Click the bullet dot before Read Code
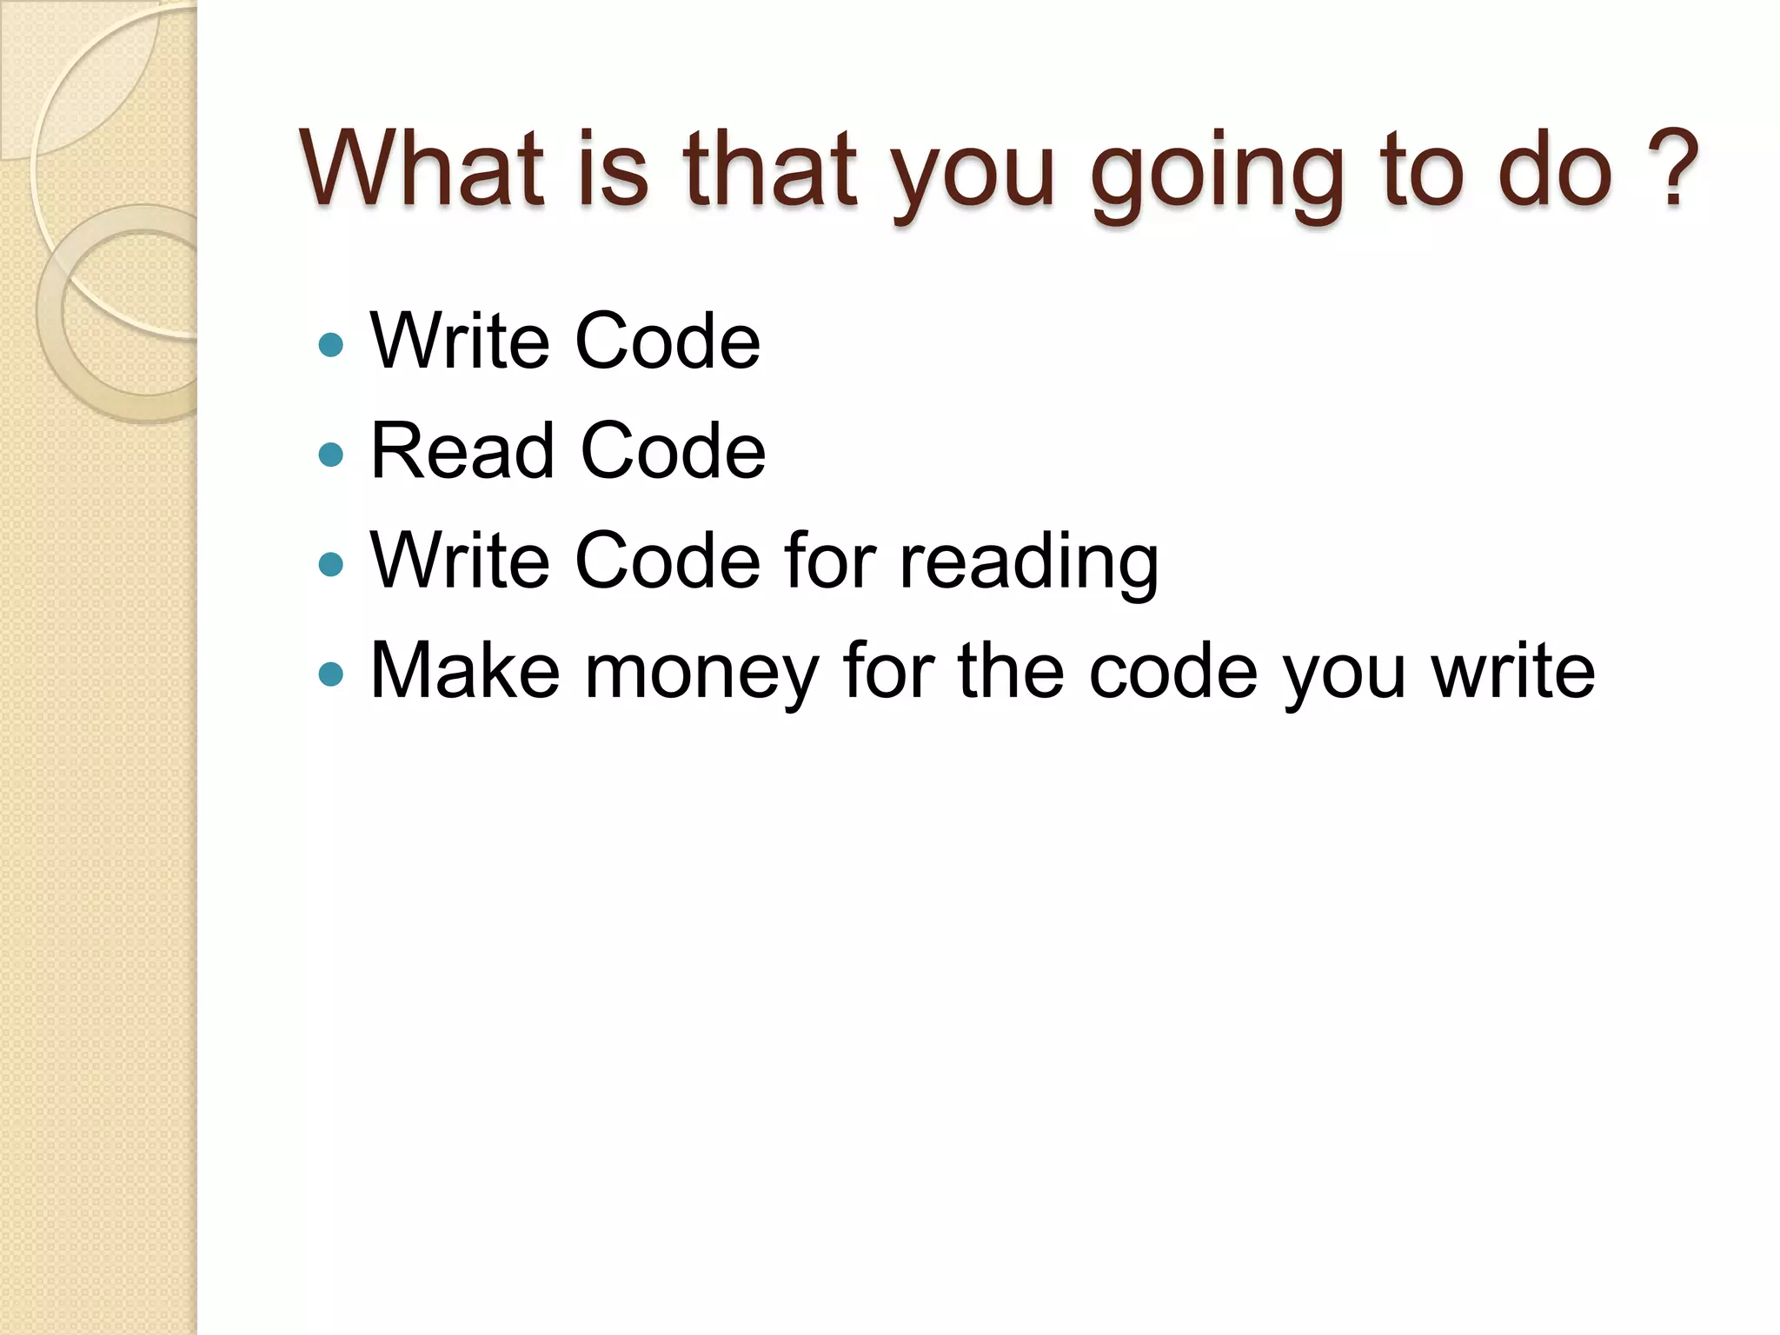pyautogui.click(x=331, y=454)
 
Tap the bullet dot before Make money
pyautogui.click(x=331, y=674)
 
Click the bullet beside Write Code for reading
pyautogui.click(x=331, y=564)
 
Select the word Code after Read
pyautogui.click(x=673, y=450)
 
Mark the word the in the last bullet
pyautogui.click(x=1011, y=670)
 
